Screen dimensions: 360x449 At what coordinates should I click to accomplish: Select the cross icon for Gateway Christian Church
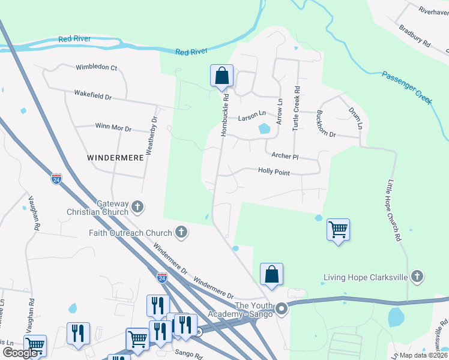(137, 208)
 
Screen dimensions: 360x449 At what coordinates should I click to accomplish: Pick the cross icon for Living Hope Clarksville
(418, 277)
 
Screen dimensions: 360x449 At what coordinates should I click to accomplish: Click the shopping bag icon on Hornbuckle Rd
(221, 76)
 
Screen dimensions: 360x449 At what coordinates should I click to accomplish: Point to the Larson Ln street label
(252, 114)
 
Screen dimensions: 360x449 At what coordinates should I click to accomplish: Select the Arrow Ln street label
(279, 112)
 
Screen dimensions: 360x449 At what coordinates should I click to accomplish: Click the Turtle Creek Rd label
(296, 107)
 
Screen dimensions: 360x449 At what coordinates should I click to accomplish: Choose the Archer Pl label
(285, 156)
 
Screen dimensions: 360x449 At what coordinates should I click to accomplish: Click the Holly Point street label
(274, 172)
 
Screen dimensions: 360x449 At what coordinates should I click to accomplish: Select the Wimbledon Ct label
(96, 68)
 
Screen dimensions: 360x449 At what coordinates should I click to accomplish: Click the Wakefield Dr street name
(93, 95)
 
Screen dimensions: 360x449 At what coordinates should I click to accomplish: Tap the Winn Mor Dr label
(113, 127)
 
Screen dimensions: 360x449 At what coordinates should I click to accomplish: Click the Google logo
(20, 353)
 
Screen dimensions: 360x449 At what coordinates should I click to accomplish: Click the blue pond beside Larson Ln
(264, 128)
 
